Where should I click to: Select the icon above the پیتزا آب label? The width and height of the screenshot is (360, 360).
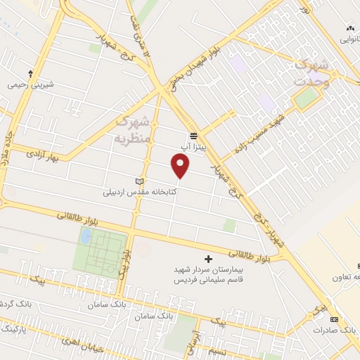[193, 135]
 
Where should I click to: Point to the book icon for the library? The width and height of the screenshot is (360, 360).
[139, 182]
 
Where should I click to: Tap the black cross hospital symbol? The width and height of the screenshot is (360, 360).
[207, 259]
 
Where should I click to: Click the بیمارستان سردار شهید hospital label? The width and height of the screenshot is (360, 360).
[207, 270]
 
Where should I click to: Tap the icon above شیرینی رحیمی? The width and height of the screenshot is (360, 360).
[30, 73]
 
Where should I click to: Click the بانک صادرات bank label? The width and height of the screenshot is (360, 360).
[333, 329]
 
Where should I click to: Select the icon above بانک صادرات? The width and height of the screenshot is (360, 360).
[333, 319]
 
